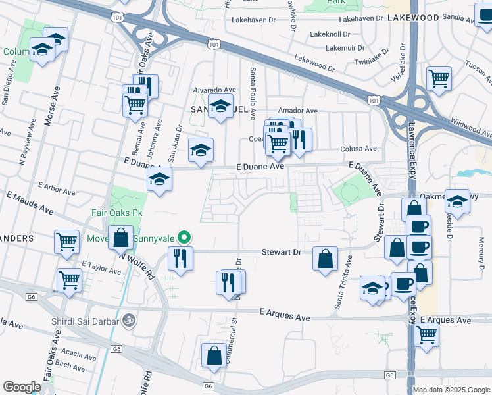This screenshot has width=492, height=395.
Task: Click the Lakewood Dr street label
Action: (315, 63)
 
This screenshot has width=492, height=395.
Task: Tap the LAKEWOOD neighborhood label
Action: (412, 18)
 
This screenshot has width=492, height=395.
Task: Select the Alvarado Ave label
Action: (214, 90)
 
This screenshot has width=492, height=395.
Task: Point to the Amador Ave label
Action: (298, 111)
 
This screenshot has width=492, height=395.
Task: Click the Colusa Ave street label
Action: (358, 149)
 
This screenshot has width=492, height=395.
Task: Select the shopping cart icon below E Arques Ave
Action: (427, 336)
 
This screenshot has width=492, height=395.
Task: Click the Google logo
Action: (22, 387)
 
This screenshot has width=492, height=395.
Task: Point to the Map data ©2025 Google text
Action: (451, 390)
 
